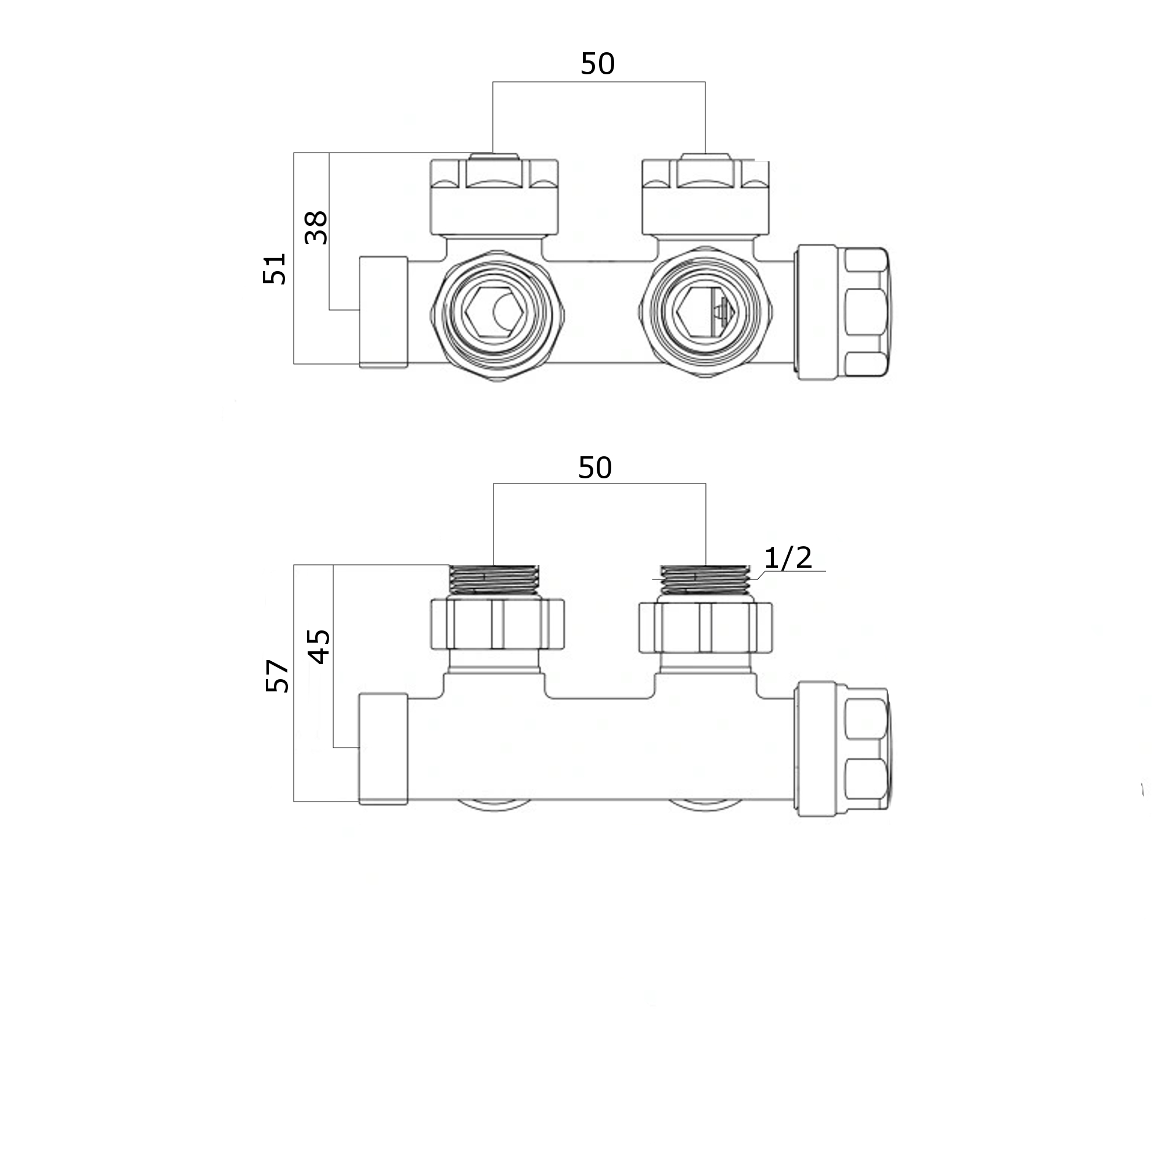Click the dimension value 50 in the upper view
click(597, 64)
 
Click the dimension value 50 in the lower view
click(595, 467)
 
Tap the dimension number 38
click(316, 228)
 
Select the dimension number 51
click(275, 268)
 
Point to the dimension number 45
click(319, 646)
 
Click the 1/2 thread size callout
click(788, 558)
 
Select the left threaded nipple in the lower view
click(494, 580)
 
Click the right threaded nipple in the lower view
click(705, 580)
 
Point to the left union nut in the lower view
click(497, 626)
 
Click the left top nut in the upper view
click(494, 197)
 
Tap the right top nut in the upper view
click(705, 197)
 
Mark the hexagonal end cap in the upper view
click(866, 312)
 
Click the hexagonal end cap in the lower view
click(866, 749)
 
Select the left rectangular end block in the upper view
click(383, 312)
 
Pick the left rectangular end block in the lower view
click(383, 749)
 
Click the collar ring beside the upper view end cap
click(816, 312)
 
